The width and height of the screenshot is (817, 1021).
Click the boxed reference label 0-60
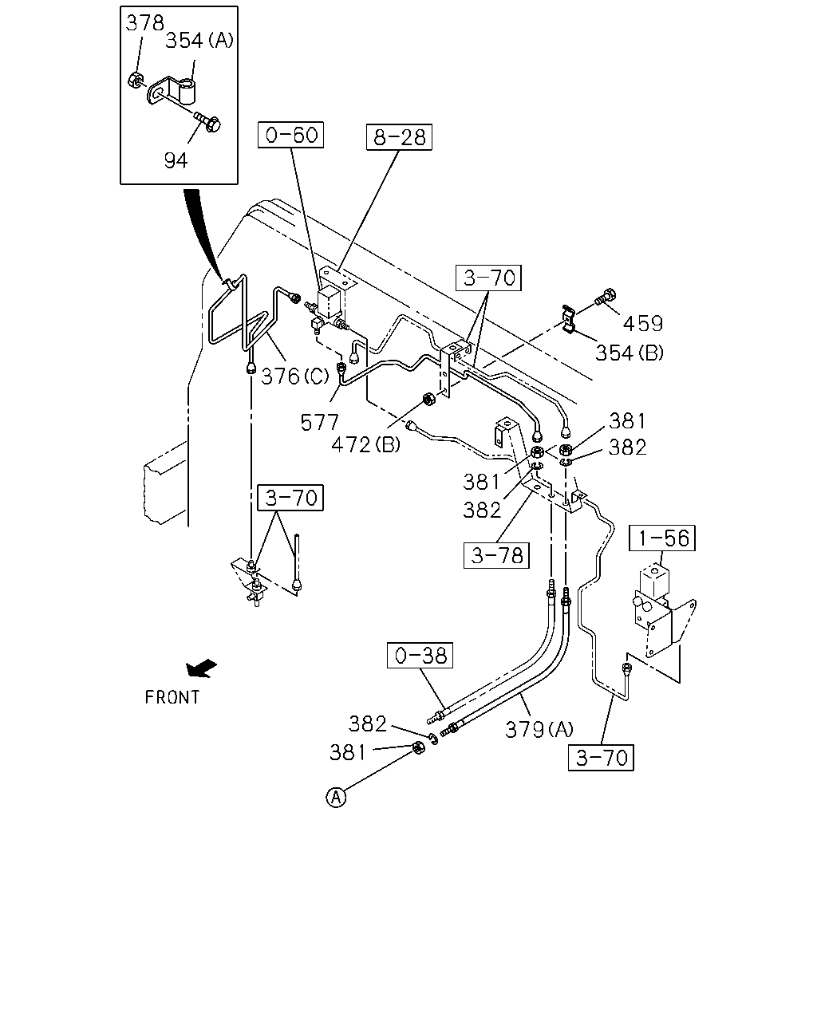290,135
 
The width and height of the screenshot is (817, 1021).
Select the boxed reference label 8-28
399,137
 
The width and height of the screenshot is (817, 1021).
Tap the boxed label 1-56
662,538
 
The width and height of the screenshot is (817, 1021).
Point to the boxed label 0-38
420,655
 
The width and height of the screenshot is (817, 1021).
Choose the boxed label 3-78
496,555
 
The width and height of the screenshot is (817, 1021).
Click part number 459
643,324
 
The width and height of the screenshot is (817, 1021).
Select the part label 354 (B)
630,353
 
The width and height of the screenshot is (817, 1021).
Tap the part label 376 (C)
294,376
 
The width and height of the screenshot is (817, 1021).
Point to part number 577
319,422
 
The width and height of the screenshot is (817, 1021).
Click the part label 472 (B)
366,444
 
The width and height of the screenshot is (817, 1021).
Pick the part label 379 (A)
539,729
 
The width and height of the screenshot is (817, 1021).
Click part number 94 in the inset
176,160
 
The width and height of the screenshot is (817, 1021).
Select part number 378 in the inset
144,23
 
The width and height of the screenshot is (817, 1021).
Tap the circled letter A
336,797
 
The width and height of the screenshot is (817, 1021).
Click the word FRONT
172,697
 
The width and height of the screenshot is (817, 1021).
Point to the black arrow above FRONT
201,668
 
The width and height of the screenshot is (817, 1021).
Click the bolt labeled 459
606,298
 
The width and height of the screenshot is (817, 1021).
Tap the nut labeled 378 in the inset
136,81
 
